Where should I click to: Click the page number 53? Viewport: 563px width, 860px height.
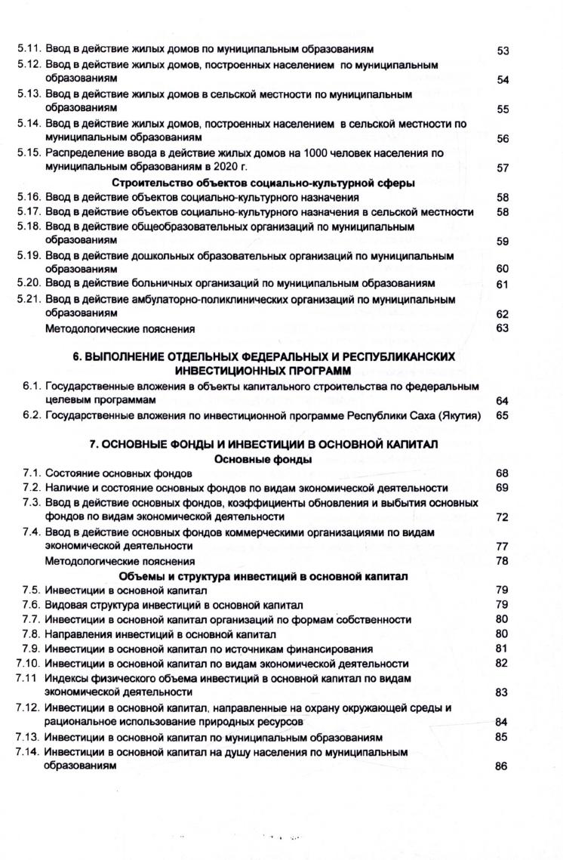click(x=503, y=51)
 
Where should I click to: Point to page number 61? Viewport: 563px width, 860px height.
click(x=503, y=285)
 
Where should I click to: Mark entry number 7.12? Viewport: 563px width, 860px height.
click(x=29, y=708)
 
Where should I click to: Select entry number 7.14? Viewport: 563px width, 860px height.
click(x=29, y=752)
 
